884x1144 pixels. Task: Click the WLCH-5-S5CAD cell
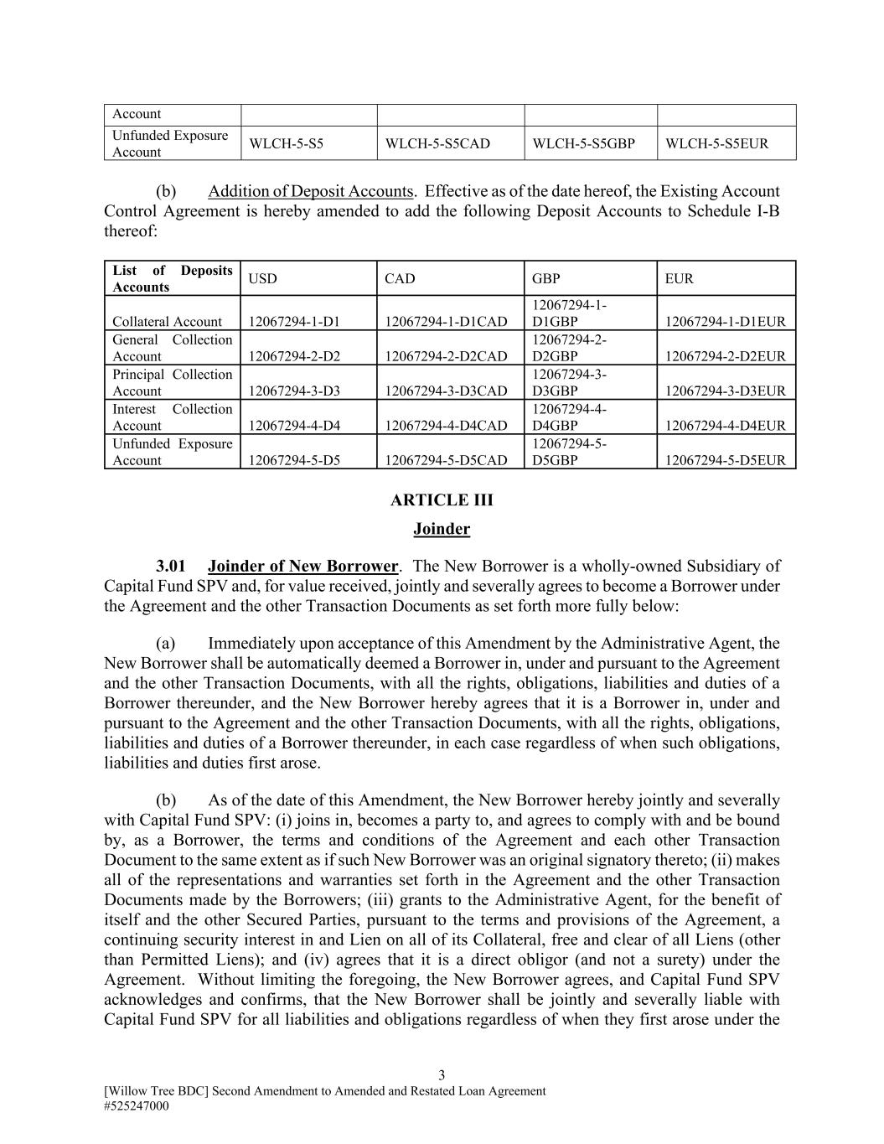click(437, 143)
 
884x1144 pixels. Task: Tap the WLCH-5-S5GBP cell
click(583, 143)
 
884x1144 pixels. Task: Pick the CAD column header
click(400, 278)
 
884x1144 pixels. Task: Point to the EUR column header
click(679, 278)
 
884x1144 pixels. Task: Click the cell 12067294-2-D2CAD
click(446, 356)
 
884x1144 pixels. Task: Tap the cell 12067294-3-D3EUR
click(726, 391)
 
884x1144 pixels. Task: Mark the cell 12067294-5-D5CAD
click(446, 460)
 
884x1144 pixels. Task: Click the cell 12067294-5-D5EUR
click(726, 460)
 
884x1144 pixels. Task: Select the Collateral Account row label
click(168, 322)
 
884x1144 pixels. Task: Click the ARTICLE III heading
click(442, 500)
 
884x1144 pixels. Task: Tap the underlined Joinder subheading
click(442, 529)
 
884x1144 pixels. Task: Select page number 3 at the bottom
click(442, 1075)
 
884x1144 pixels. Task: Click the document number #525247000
click(137, 1105)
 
